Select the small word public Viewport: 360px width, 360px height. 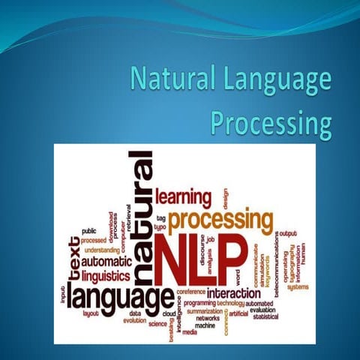coord(88,231)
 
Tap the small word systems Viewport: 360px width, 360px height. coord(298,286)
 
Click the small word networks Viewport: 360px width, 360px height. coord(208,318)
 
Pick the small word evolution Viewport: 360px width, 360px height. coord(135,320)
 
